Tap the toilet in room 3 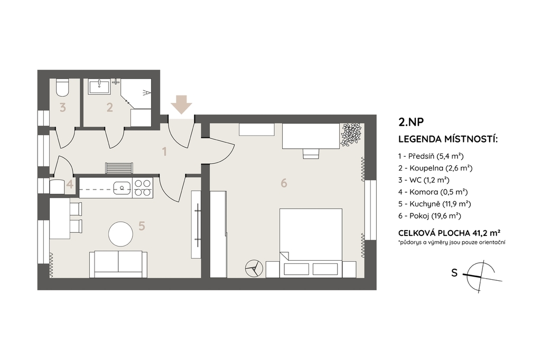coord(62,88)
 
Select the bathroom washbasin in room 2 coord(99,87)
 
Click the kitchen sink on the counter coord(122,187)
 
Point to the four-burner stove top coord(143,188)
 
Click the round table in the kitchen coord(120,234)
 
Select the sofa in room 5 coord(118,264)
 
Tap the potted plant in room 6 coord(351,134)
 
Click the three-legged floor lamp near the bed coord(254,268)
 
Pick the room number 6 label coord(284,183)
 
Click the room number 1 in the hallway coord(165,151)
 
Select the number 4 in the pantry coord(70,184)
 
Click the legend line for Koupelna coord(435,168)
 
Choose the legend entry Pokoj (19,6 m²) coord(430,216)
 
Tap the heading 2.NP coord(411,122)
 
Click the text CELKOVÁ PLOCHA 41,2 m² coord(450,232)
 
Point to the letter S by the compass coord(454,273)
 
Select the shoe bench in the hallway coord(119,168)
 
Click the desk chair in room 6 coord(311,154)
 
